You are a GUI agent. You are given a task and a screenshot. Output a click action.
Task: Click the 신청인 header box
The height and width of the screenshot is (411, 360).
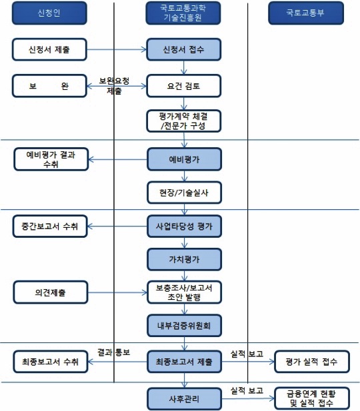pyautogui.click(x=49, y=13)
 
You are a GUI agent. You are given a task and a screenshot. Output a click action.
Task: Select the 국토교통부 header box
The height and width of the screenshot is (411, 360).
pyautogui.click(x=306, y=13)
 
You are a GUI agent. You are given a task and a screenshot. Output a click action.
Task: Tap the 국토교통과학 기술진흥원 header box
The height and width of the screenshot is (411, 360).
pyautogui.click(x=183, y=13)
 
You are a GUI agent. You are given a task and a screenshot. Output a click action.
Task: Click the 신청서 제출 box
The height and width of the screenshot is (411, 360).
pyautogui.click(x=49, y=49)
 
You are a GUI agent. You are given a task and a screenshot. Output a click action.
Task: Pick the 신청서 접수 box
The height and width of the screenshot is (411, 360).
pyautogui.click(x=184, y=49)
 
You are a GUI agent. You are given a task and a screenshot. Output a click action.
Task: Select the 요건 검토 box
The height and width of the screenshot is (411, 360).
pyautogui.click(x=184, y=86)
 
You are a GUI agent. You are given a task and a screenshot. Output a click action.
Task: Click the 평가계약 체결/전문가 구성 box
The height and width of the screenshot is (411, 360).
pyautogui.click(x=184, y=121)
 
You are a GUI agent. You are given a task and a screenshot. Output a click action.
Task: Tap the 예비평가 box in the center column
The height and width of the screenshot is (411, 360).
pyautogui.click(x=184, y=159)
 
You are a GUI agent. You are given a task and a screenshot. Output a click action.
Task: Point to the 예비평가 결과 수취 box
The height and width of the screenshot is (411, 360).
pyautogui.click(x=51, y=159)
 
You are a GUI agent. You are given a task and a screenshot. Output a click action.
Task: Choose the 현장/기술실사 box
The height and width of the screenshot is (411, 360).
pyautogui.click(x=184, y=193)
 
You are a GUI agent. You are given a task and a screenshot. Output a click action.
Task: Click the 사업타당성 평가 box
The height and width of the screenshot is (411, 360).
pyautogui.click(x=184, y=226)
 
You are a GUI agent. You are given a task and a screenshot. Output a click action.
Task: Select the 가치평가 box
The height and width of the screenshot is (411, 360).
pyautogui.click(x=184, y=260)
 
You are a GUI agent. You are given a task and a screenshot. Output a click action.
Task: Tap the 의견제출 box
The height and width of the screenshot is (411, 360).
pyautogui.click(x=51, y=292)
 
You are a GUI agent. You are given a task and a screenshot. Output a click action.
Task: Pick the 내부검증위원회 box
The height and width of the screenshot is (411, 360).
pyautogui.click(x=184, y=326)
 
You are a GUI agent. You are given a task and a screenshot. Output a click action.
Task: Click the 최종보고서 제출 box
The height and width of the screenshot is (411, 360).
pyautogui.click(x=184, y=362)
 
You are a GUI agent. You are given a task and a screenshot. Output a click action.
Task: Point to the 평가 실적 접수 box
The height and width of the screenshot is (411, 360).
pyautogui.click(x=312, y=362)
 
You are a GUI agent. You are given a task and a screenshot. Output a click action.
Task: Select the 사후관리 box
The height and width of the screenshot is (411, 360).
pyautogui.click(x=184, y=399)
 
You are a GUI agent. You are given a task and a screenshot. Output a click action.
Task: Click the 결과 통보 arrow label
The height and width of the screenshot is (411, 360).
pyautogui.click(x=113, y=352)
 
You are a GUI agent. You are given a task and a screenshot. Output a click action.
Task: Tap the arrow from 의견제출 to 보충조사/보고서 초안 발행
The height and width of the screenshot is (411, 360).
pyautogui.click(x=117, y=292)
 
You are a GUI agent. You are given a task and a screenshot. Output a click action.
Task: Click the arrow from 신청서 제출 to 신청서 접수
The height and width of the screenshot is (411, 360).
pyautogui.click(x=117, y=49)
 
